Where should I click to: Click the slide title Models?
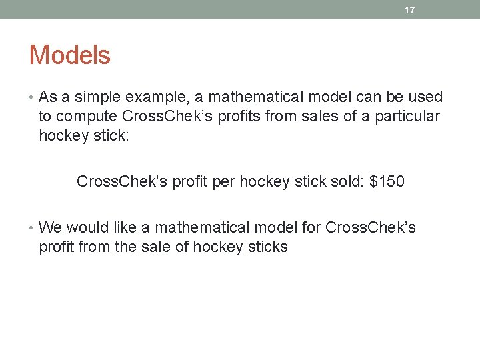(x=69, y=55)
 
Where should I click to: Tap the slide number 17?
(x=410, y=10)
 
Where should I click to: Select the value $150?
(x=387, y=181)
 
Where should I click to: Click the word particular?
(x=407, y=117)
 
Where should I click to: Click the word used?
(x=425, y=97)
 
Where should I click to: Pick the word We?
(x=51, y=228)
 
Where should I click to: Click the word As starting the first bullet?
(x=48, y=97)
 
